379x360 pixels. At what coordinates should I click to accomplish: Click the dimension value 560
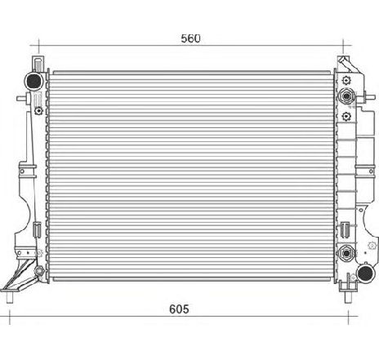click(189, 38)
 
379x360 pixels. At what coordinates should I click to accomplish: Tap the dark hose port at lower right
click(359, 275)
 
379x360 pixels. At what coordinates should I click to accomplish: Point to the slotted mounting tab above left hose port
click(36, 63)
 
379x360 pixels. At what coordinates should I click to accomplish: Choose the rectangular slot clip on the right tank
click(348, 224)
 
